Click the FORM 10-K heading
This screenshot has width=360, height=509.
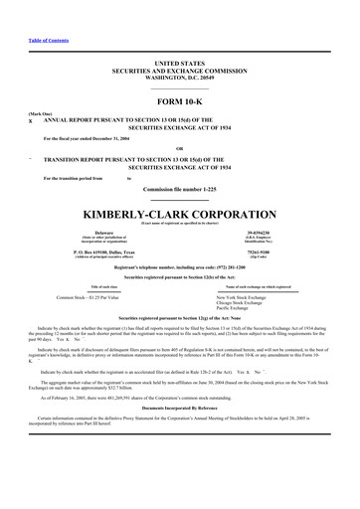pos(180,102)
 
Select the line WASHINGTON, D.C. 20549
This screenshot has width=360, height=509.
pos(180,76)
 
